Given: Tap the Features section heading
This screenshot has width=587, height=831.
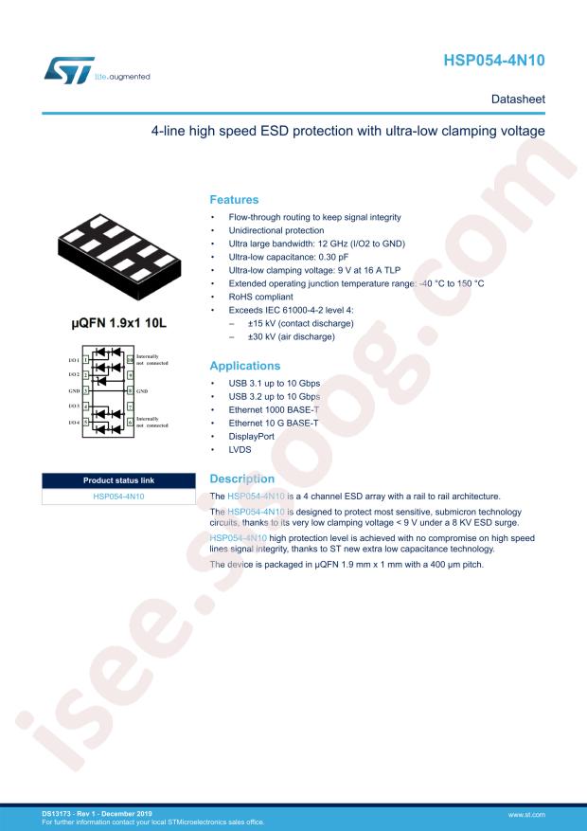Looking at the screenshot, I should [234, 200].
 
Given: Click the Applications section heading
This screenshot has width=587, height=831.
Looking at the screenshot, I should [244, 366].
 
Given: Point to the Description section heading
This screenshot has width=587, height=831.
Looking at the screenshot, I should [241, 479].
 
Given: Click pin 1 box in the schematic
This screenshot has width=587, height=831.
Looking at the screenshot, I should [86, 359].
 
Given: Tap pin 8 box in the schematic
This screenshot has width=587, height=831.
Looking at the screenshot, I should [130, 390].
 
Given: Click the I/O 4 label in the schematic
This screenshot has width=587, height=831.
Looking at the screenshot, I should [73, 422].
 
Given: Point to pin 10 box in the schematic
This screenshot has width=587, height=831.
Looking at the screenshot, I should [130, 359].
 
